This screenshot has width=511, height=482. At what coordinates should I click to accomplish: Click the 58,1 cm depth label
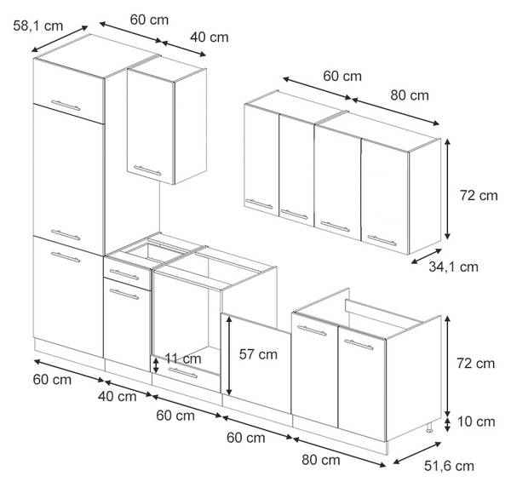pyautogui.click(x=37, y=26)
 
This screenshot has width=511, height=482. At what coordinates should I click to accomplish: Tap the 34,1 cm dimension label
pyautogui.click(x=453, y=267)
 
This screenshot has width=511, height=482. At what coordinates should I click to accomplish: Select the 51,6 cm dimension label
pyautogui.click(x=449, y=466)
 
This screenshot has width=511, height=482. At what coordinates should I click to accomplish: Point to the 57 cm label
pyautogui.click(x=258, y=354)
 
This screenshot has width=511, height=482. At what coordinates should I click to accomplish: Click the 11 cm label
pyautogui.click(x=183, y=359)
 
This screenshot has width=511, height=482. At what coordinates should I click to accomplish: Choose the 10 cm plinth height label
pyautogui.click(x=476, y=422)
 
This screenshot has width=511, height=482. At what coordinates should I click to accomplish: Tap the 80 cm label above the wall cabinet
pyautogui.click(x=410, y=95)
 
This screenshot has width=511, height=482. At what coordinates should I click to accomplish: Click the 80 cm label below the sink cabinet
pyautogui.click(x=321, y=460)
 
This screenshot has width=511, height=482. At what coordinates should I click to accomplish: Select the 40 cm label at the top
pyautogui.click(x=210, y=37)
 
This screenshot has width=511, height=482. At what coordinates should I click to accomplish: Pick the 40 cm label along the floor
pyautogui.click(x=117, y=396)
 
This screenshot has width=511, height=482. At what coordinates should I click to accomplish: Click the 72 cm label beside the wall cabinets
pyautogui.click(x=479, y=195)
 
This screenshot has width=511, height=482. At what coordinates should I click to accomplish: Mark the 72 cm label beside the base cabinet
pyautogui.click(x=475, y=363)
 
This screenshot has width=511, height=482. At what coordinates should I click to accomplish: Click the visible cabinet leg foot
pyautogui.click(x=429, y=427)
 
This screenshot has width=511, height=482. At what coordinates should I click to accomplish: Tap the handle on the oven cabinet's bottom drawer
pyautogui.click(x=183, y=373)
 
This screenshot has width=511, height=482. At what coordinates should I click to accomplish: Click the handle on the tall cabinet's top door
pyautogui.click(x=66, y=106)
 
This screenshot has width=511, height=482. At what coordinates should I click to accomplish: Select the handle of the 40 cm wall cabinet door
pyautogui.click(x=147, y=170)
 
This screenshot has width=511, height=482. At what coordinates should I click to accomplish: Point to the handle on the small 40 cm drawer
pyautogui.click(x=124, y=274)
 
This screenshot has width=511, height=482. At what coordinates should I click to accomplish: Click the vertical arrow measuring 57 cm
pyautogui.click(x=229, y=356)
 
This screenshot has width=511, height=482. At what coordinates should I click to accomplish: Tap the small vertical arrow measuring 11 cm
pyautogui.click(x=156, y=365)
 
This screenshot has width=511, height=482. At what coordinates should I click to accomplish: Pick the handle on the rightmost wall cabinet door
pyautogui.click(x=382, y=240)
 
